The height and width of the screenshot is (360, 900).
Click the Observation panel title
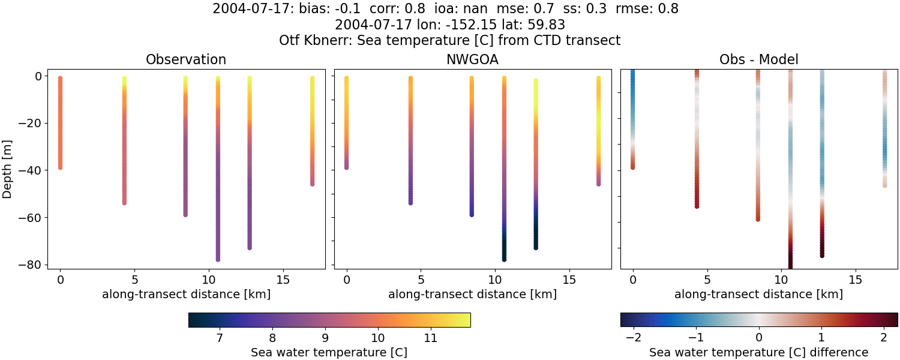186,60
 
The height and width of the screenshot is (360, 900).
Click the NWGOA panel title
472,60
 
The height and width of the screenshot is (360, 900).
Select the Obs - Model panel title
758,60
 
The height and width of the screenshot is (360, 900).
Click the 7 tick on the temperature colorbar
220,338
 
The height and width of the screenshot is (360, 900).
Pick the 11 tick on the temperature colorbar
430,338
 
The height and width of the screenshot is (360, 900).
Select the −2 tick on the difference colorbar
634,338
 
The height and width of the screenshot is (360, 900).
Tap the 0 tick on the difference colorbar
759,338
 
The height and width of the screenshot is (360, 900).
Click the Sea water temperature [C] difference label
758,353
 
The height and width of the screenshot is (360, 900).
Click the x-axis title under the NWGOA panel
472,295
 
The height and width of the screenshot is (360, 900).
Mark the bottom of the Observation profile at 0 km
60,167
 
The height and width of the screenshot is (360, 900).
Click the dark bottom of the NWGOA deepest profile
504,259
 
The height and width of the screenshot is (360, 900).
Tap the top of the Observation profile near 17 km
312,79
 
